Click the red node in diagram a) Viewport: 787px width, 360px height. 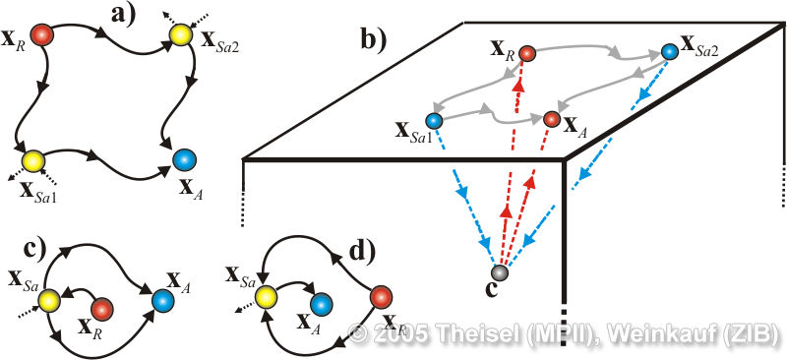pyautogui.click(x=41, y=35)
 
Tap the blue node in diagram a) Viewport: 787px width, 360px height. pyautogui.click(x=184, y=160)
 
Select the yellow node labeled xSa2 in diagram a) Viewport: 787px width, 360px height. pyautogui.click(x=180, y=34)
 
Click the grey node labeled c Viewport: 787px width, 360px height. pyautogui.click(x=500, y=272)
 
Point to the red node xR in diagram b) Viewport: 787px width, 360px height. pyautogui.click(x=526, y=52)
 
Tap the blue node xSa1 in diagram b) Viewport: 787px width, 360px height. pyautogui.click(x=433, y=121)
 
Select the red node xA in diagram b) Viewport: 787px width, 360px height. pyautogui.click(x=551, y=119)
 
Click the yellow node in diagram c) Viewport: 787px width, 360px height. pyautogui.click(x=49, y=301)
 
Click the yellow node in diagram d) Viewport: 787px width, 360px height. pyautogui.click(x=265, y=297)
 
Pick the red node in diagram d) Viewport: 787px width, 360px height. pyautogui.click(x=382, y=296)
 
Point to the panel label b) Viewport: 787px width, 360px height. pyautogui.click(x=375, y=39)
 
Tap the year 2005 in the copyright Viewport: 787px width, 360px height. pyautogui.click(x=400, y=334)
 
